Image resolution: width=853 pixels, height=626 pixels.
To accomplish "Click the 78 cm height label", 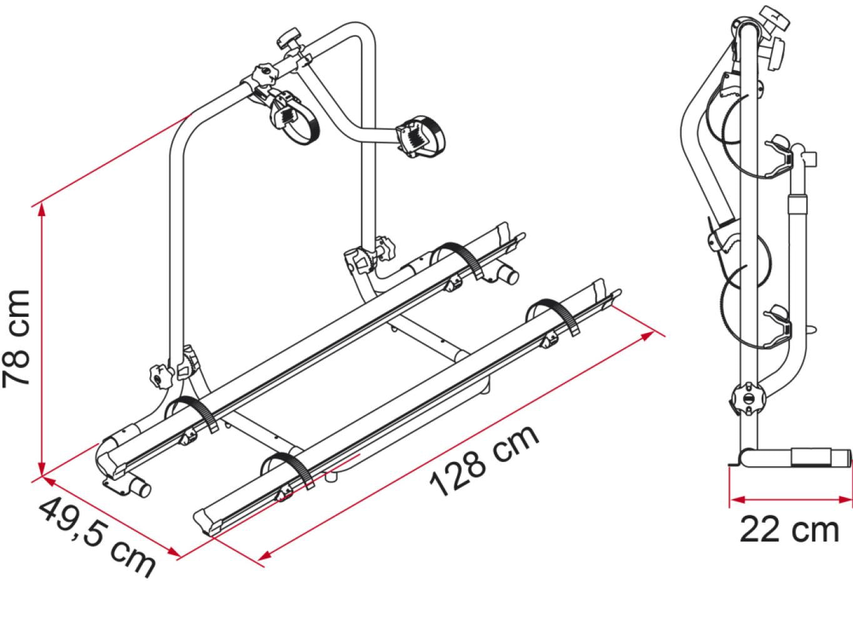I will (17, 339).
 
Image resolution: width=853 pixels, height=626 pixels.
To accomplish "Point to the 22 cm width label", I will (789, 530).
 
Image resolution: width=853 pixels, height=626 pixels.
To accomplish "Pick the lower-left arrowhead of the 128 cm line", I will (265, 555).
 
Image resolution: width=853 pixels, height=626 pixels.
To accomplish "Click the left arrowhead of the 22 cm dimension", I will (735, 500).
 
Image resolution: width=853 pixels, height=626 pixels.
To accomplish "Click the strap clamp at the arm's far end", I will (418, 135).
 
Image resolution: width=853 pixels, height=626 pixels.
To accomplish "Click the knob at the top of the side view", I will (770, 19).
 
